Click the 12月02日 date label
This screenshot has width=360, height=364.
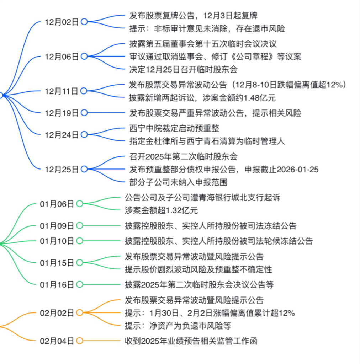(x=62, y=22)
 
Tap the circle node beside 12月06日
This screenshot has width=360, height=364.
(x=84, y=56)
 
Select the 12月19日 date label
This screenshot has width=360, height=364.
(x=62, y=113)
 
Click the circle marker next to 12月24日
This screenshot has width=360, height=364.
(x=84, y=134)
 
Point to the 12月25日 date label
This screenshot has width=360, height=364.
(x=62, y=169)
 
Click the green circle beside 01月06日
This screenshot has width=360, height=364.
(x=79, y=204)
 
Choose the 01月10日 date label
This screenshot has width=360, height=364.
(x=57, y=241)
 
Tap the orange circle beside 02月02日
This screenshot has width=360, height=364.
(x=79, y=312)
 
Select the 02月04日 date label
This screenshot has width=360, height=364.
(x=57, y=341)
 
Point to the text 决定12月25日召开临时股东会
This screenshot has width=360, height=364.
(x=183, y=69)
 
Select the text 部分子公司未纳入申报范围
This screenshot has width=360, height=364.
(x=178, y=182)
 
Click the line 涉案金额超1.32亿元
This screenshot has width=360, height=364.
(x=161, y=210)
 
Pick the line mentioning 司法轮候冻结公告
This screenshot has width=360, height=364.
(x=219, y=241)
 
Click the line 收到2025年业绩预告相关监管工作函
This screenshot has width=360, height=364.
(x=191, y=341)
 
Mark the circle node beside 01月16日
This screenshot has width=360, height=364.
(x=79, y=284)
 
